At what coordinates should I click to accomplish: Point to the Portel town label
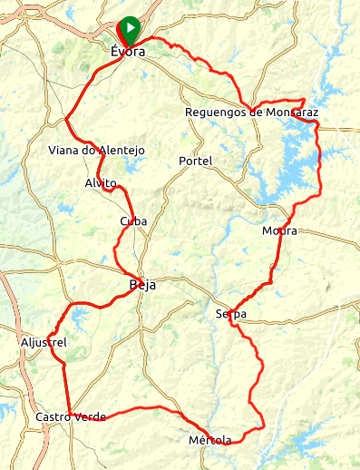[x=196, y=161]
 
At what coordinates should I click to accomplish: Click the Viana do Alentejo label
[x=96, y=151]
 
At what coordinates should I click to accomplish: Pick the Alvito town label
[x=102, y=182]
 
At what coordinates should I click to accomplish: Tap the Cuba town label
[x=133, y=221]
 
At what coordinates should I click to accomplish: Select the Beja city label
[x=142, y=285]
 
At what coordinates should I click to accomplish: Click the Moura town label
[x=278, y=230]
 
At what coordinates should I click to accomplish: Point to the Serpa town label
[x=231, y=315]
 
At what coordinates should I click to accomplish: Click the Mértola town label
[x=209, y=440]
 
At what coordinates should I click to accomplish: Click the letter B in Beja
[x=132, y=285]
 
